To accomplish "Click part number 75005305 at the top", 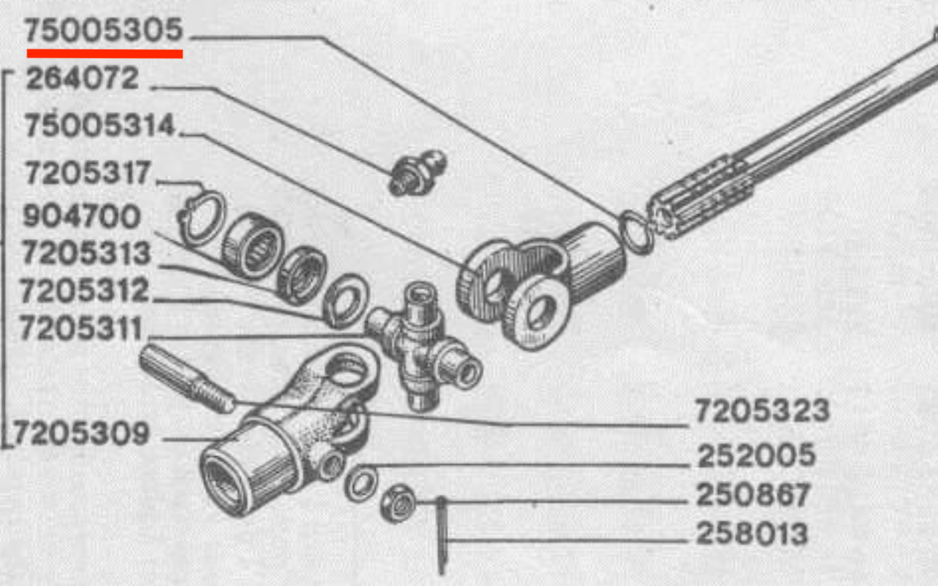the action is pyautogui.click(x=103, y=30).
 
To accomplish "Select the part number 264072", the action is pyautogui.click(x=82, y=78).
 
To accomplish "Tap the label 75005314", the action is pyautogui.click(x=100, y=125).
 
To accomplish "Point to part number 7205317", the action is pyautogui.click(x=87, y=172).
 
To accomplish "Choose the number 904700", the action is pyautogui.click(x=81, y=216).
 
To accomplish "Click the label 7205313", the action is pyautogui.click(x=86, y=253).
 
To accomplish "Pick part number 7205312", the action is pyautogui.click(x=84, y=290).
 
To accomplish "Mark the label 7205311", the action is pyautogui.click(x=81, y=328).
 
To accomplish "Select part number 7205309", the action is pyautogui.click(x=81, y=433).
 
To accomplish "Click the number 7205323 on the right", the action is pyautogui.click(x=762, y=410).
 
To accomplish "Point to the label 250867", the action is pyautogui.click(x=753, y=495).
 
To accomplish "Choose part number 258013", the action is pyautogui.click(x=751, y=533).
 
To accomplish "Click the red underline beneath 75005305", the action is pyautogui.click(x=105, y=54).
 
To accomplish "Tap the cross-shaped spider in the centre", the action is pyautogui.click(x=423, y=345).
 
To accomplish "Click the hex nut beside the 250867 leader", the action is pyautogui.click(x=398, y=503).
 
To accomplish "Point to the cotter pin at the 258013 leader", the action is pyautogui.click(x=441, y=535).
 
